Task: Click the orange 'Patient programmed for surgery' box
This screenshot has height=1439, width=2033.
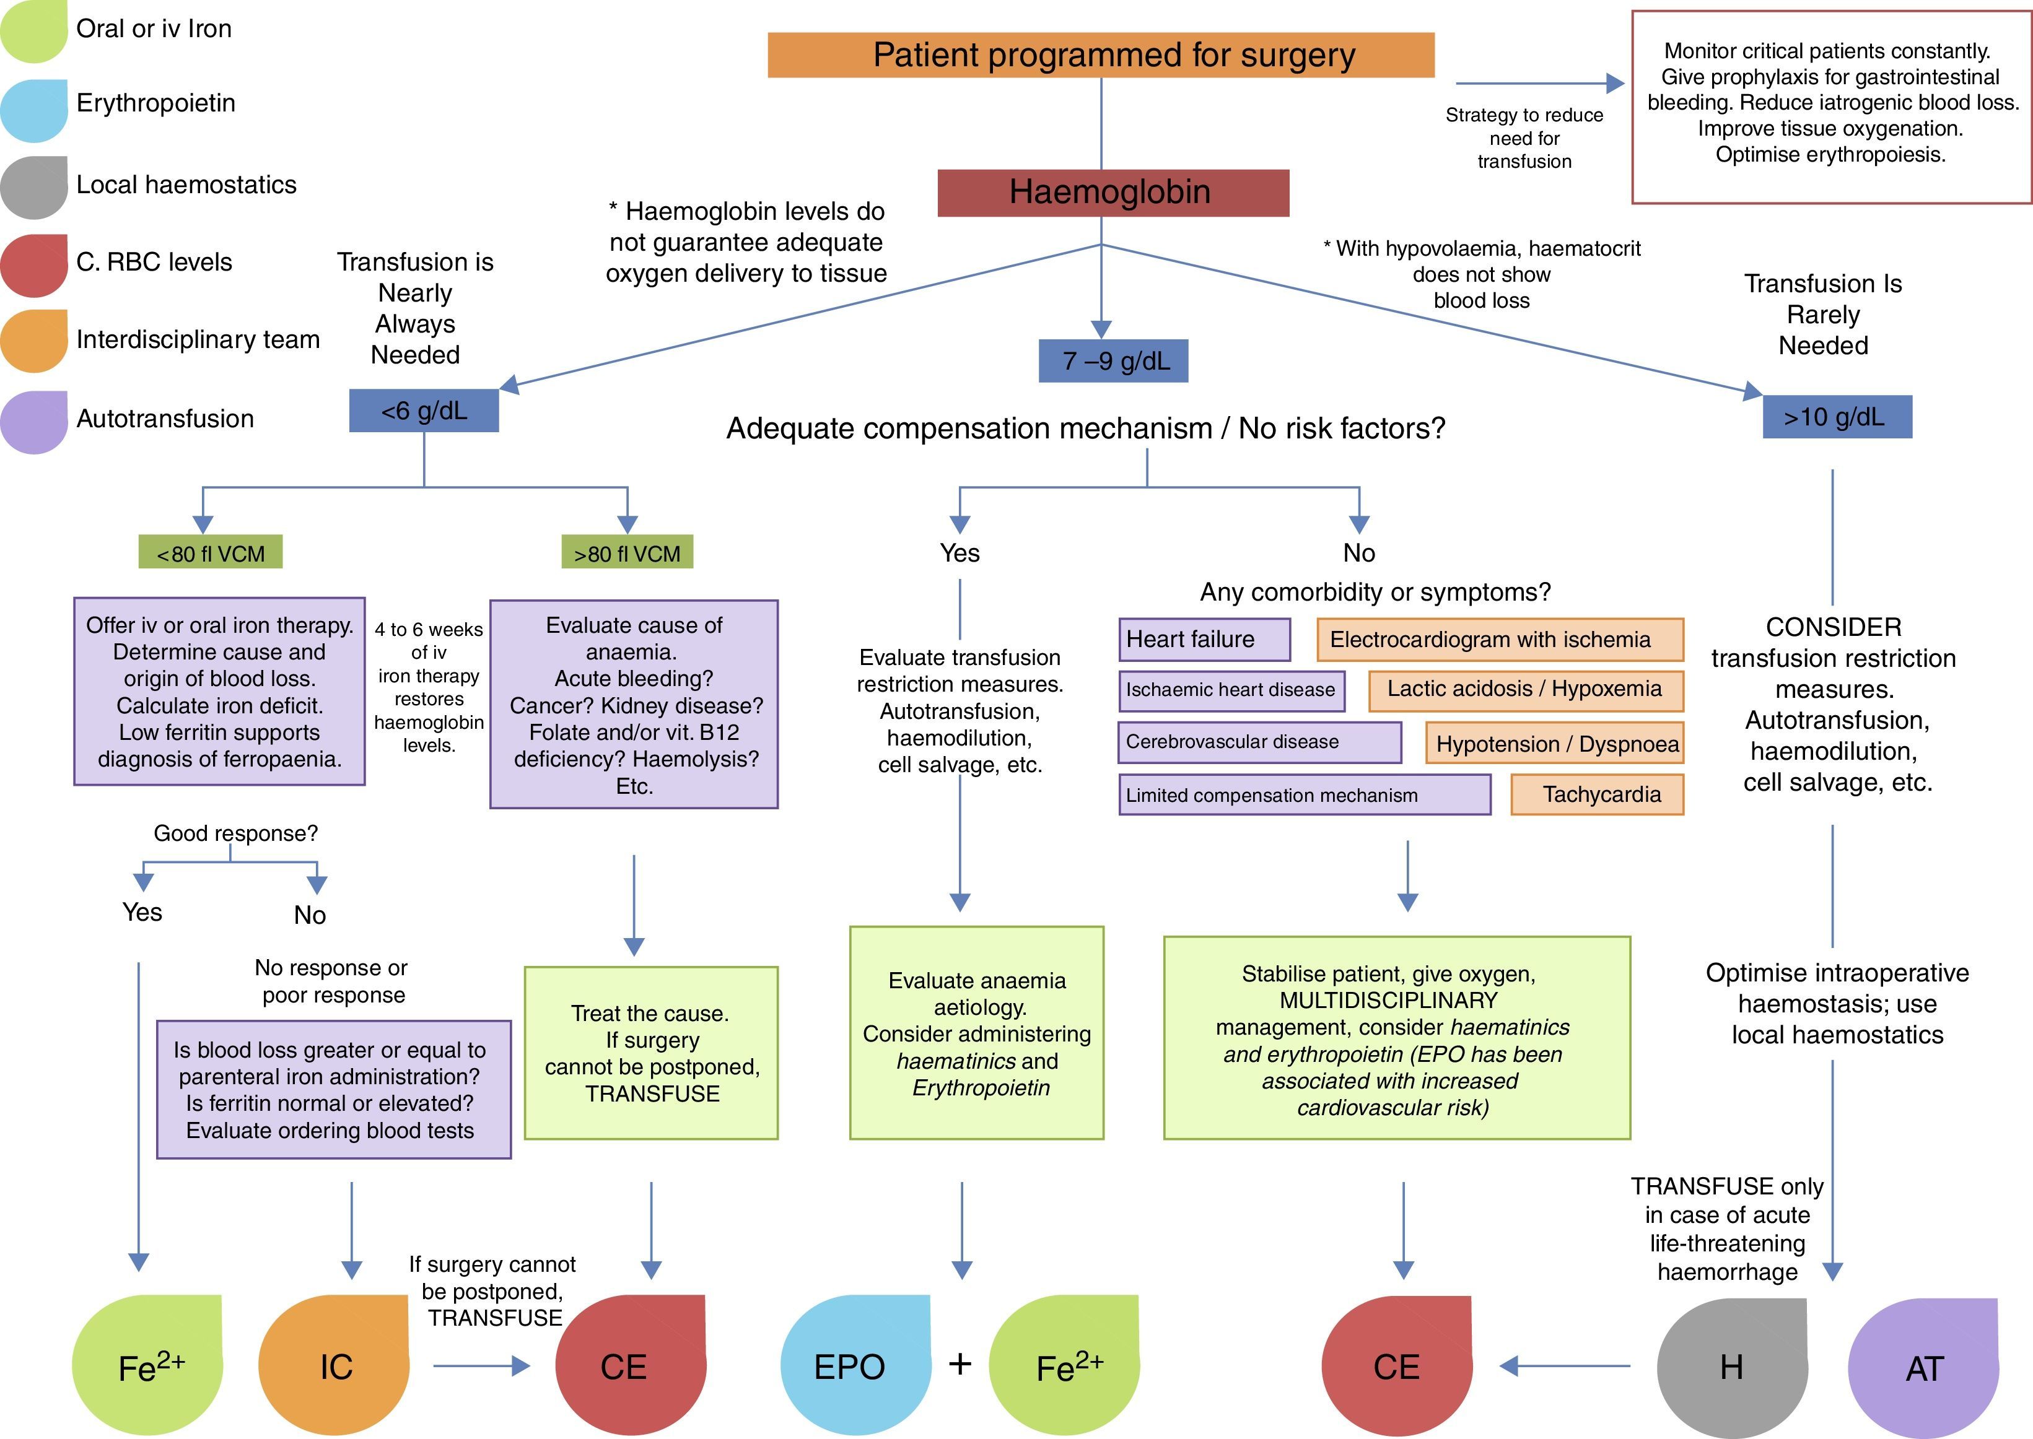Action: [1101, 55]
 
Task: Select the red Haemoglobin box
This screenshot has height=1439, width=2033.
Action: [1113, 193]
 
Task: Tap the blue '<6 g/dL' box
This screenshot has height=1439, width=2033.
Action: [424, 411]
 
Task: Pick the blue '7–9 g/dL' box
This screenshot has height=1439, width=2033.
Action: [1113, 360]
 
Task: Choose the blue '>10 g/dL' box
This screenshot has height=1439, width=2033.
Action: [1836, 417]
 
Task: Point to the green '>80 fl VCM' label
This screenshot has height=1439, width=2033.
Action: [627, 553]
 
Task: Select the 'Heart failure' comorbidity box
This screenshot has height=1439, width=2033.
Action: [1204, 640]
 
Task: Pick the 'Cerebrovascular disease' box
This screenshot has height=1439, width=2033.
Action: [1259, 742]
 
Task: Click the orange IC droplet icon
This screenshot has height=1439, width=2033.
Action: [334, 1365]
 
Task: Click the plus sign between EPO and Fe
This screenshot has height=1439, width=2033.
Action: [960, 1363]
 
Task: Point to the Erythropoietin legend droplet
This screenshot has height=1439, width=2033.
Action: [33, 109]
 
